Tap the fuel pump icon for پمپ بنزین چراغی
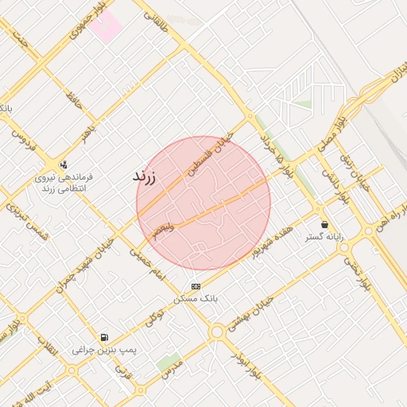pos(104,338)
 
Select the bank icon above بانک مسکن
pos(196,286)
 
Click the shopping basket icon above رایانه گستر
pos(324,225)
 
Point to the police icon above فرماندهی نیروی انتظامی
pos(63,165)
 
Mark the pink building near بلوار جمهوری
pos(106,25)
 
